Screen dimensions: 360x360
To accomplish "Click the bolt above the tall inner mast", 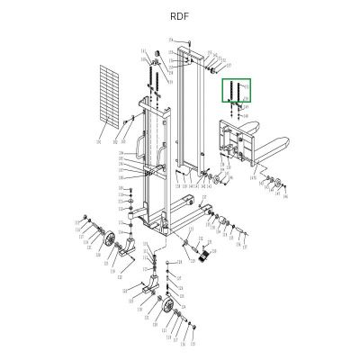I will tap(184, 43).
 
